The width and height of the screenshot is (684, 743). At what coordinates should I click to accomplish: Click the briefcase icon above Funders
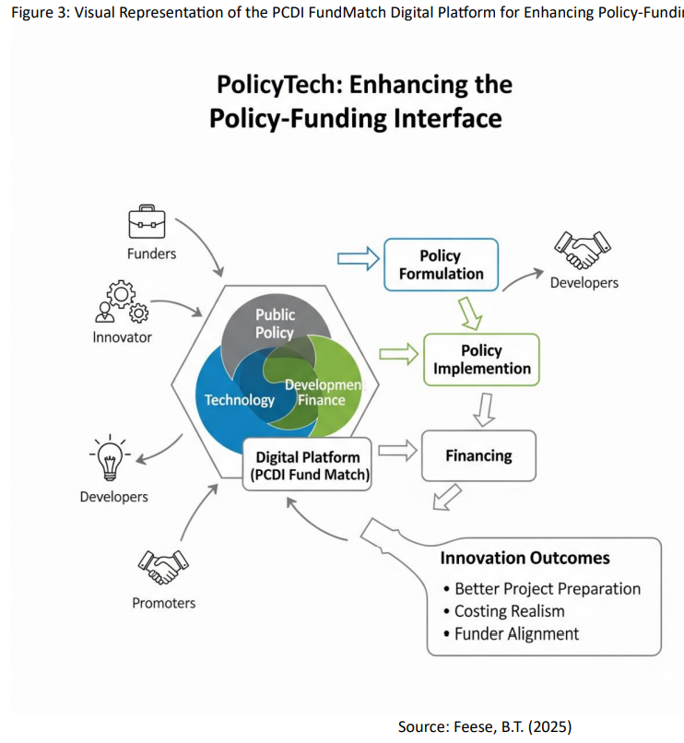point(147,222)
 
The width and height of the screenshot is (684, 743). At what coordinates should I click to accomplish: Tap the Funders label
point(151,253)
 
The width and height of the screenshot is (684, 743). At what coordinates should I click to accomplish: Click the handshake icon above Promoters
point(161,566)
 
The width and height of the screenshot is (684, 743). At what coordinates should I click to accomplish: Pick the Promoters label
point(163,603)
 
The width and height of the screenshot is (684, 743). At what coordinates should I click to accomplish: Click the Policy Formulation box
point(441,265)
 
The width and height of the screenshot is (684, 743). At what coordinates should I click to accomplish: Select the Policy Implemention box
point(481,360)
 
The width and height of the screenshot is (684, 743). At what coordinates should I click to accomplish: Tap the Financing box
point(478,455)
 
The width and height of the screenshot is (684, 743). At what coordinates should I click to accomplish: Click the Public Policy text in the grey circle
point(275,324)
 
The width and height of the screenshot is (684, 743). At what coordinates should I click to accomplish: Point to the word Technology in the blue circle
point(240,399)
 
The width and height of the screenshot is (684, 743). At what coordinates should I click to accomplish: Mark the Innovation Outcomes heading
point(525,558)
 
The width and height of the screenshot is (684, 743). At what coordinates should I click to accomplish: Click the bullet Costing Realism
point(509,611)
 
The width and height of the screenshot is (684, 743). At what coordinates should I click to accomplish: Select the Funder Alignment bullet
point(516,633)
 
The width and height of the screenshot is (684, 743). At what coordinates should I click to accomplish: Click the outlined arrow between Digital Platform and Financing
point(395,451)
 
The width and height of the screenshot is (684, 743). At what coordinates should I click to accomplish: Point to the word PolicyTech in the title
point(278,85)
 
